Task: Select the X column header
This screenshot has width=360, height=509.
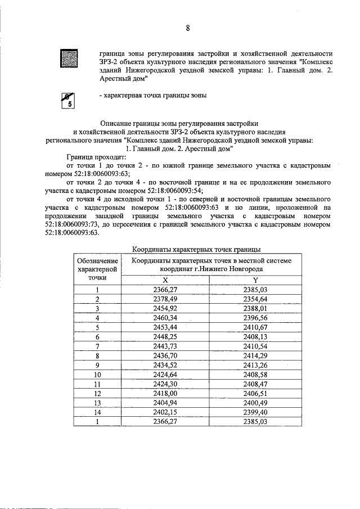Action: pyautogui.click(x=165, y=280)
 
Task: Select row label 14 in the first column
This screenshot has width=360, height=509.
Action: pyautogui.click(x=97, y=412)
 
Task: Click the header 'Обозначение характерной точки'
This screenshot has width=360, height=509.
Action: pyautogui.click(x=97, y=269)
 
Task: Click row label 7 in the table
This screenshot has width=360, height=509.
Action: pyautogui.click(x=97, y=346)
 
